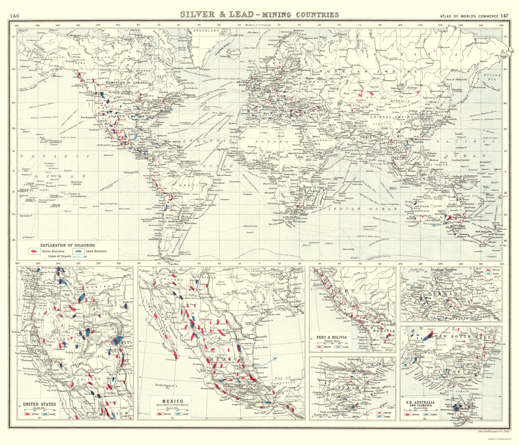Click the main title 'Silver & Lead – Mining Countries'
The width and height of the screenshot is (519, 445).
(259, 15)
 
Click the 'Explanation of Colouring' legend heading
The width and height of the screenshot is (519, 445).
(68, 245)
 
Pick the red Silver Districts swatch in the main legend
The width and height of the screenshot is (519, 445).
(35, 252)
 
